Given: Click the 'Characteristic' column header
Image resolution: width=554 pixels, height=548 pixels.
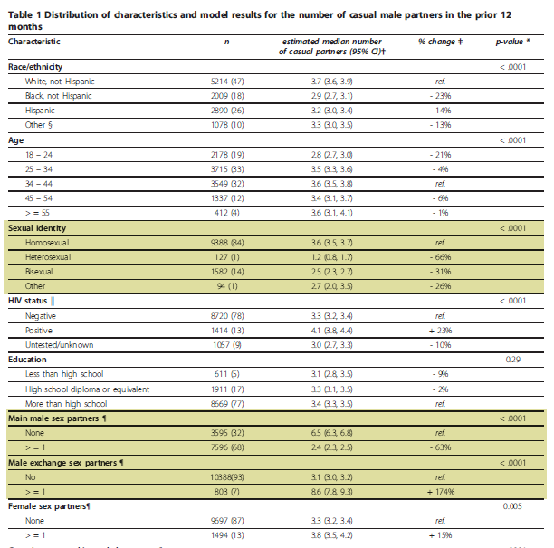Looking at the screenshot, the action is pyautogui.click(x=33, y=42).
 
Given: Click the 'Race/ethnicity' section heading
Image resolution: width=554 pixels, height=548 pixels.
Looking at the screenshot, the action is pyautogui.click(x=35, y=67).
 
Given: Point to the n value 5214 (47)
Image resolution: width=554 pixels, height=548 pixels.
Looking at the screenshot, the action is pyautogui.click(x=227, y=82).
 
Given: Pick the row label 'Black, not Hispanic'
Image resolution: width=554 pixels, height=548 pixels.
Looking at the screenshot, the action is pyautogui.click(x=58, y=96).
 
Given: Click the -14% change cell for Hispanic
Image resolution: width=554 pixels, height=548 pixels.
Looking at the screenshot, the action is pyautogui.click(x=441, y=111).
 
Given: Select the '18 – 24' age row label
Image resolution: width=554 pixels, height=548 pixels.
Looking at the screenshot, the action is pyautogui.click(x=39, y=155).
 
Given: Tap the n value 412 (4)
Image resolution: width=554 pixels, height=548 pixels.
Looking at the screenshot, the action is pyautogui.click(x=227, y=213).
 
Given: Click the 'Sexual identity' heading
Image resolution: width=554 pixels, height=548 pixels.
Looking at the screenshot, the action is pyautogui.click(x=37, y=228).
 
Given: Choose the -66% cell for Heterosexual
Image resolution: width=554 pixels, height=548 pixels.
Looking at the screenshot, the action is pyautogui.click(x=441, y=257).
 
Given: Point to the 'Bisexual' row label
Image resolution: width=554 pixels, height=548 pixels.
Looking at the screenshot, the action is pyautogui.click(x=39, y=272).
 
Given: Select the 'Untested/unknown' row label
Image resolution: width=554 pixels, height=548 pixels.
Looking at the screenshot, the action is pyautogui.click(x=60, y=345).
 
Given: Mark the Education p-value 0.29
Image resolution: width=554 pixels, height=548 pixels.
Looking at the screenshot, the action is pyautogui.click(x=513, y=360).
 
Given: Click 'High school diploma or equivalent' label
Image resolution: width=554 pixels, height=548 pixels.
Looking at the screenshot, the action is pyautogui.click(x=87, y=389).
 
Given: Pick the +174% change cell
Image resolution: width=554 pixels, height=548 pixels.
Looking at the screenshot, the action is pyautogui.click(x=441, y=492).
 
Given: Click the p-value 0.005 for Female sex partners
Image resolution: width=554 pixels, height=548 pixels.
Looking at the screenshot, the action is pyautogui.click(x=512, y=506).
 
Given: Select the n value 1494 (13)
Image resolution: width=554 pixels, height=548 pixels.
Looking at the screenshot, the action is pyautogui.click(x=227, y=535).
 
